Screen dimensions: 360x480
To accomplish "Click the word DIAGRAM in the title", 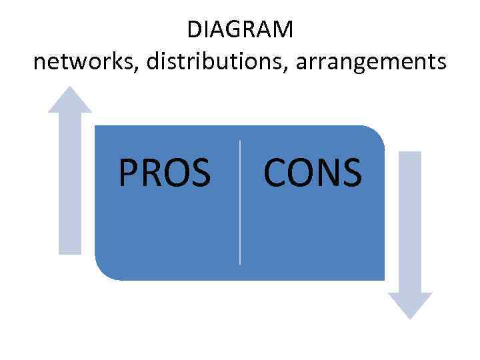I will click(x=240, y=29).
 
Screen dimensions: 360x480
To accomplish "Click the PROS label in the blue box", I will click(x=164, y=172).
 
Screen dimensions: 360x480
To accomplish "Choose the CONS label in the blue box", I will click(x=313, y=172).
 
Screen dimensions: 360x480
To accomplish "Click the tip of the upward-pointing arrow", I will click(x=69, y=87).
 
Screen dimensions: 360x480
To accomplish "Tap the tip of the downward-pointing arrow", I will click(x=410, y=318).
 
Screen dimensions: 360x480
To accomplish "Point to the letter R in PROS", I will click(x=151, y=172).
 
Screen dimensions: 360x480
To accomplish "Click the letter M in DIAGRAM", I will click(x=282, y=29).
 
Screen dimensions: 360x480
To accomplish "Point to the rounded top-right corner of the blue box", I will click(x=377, y=133).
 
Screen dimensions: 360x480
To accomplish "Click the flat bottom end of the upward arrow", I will click(x=69, y=253).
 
